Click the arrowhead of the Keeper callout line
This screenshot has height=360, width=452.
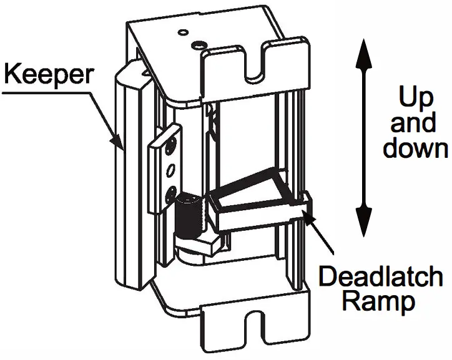pos(120,145)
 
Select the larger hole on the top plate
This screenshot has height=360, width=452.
pos(198,45)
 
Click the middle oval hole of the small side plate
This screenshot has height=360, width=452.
pos(170,168)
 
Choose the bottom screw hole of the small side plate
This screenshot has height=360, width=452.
pos(170,190)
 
